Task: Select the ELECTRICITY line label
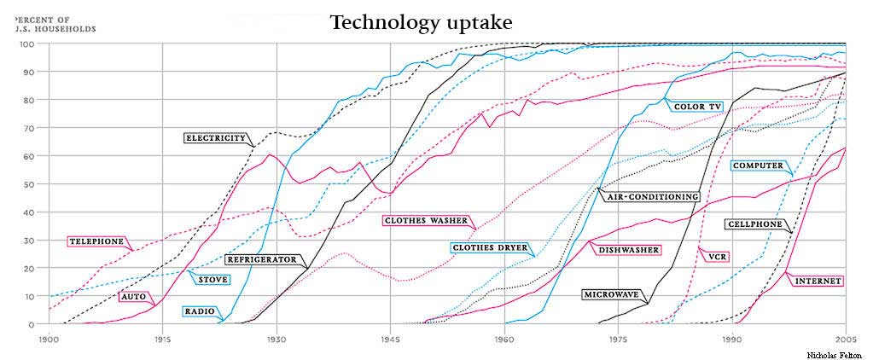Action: pos(216,138)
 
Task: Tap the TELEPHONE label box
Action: pos(96,241)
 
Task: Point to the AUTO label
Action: pos(133,297)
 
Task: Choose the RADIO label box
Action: pos(199,311)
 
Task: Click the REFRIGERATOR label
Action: pos(262,259)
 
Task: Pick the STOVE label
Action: pos(212,280)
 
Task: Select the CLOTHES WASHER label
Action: pos(426,221)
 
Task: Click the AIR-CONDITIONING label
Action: pos(652,197)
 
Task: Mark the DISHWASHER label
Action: pos(629,250)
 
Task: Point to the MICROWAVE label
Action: pos(612,295)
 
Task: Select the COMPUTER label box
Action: pos(758,166)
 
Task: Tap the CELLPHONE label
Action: pos(754,224)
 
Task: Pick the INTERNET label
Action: pos(818,281)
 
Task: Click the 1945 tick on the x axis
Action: pos(389,339)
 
